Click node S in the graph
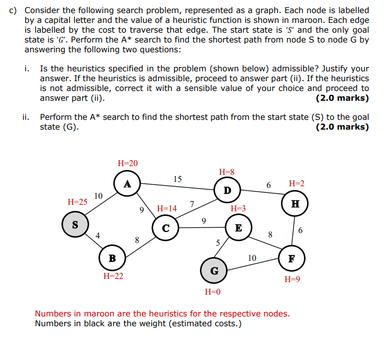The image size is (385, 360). pyautogui.click(x=75, y=224)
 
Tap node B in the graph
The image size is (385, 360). pyautogui.click(x=112, y=258)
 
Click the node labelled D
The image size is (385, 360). pyautogui.click(x=227, y=190)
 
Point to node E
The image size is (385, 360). pyautogui.click(x=238, y=228)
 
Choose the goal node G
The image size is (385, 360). pyautogui.click(x=214, y=271)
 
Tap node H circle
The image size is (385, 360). pyautogui.click(x=295, y=204)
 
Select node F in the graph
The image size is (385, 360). pyautogui.click(x=291, y=258)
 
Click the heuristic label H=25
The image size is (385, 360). pyautogui.click(x=77, y=202)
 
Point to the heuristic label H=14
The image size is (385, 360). pyautogui.click(x=167, y=208)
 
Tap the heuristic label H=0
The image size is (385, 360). pyautogui.click(x=213, y=292)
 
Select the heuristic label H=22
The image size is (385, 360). pyautogui.click(x=113, y=276)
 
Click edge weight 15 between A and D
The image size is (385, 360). pyautogui.click(x=178, y=179)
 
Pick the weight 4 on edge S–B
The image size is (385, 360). pyautogui.click(x=98, y=236)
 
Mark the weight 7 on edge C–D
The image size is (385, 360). pyautogui.click(x=192, y=203)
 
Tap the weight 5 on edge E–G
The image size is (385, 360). pyautogui.click(x=218, y=243)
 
